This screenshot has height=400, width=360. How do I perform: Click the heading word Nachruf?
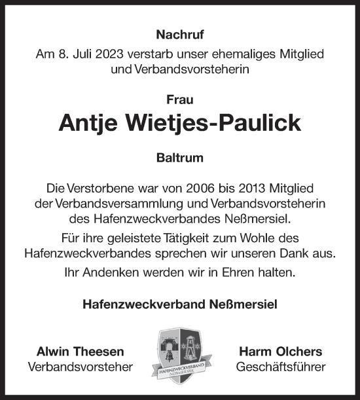click(x=179, y=35)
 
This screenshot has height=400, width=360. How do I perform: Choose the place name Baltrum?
click(x=179, y=158)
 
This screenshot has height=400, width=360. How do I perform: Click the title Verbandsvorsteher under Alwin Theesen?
click(x=81, y=367)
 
